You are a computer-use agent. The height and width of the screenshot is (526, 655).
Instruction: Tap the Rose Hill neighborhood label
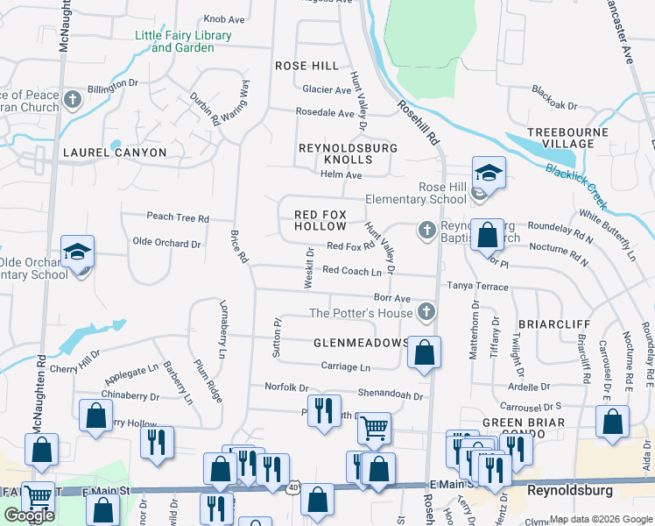306,66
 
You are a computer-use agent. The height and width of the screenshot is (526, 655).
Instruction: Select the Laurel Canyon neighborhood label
114,152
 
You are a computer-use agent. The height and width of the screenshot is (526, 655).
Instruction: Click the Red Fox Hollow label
320,220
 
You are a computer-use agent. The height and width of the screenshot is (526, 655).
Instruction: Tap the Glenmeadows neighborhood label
361,343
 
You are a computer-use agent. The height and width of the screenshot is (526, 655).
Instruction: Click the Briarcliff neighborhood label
551,323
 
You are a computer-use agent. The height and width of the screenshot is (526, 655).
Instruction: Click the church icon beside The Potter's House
426,311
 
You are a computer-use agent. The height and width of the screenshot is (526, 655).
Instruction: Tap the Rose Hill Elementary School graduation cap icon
489,172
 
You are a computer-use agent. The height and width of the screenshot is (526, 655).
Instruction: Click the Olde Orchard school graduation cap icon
77,252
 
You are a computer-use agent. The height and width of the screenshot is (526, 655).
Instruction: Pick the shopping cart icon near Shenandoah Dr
375,428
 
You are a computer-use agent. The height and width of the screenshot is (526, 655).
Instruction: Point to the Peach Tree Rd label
178,217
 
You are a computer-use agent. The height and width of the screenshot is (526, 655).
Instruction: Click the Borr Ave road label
391,299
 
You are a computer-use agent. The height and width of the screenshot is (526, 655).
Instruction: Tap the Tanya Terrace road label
478,286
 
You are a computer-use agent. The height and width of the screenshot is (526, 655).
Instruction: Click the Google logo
29,515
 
